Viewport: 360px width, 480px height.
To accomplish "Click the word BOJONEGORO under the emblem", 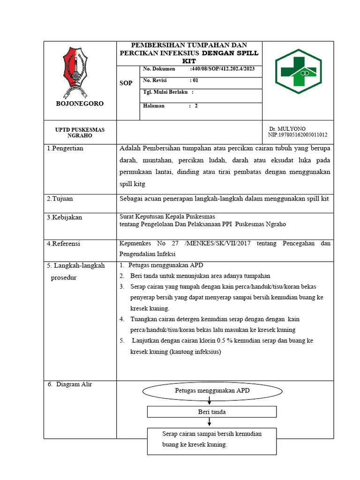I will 80,104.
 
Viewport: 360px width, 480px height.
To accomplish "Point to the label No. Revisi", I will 155,80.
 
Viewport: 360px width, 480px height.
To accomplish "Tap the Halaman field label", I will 154,106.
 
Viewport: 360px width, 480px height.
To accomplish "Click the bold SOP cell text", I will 126,83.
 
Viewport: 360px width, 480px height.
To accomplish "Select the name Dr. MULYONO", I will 287,128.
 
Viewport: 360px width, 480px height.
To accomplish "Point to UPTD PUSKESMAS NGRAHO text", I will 80,133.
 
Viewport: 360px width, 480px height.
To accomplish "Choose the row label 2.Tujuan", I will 60,199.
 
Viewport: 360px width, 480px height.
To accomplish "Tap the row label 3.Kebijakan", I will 64,218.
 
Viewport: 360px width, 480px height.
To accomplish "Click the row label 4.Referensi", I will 64,244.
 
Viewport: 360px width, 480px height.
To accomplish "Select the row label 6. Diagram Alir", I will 70,384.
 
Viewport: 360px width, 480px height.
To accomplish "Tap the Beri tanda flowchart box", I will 211,412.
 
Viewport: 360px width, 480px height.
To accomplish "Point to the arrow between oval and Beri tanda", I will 209,401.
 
